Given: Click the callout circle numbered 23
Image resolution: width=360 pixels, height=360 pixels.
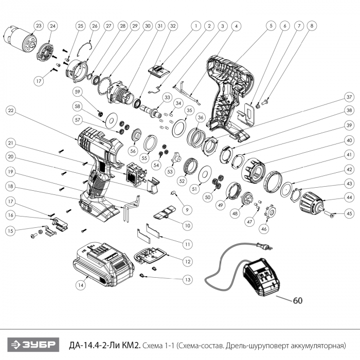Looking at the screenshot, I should point(39,26).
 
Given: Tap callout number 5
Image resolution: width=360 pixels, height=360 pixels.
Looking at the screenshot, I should point(268,25).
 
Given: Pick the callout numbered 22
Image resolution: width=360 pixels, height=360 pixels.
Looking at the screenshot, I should point(11,110).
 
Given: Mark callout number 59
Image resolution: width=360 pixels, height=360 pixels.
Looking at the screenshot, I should point(78,93).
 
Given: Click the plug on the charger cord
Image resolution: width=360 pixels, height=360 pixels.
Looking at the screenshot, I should point(266,248).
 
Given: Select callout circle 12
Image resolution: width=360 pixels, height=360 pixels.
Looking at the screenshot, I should point(189,262).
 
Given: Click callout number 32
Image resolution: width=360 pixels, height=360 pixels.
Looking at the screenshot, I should point(173,25).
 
